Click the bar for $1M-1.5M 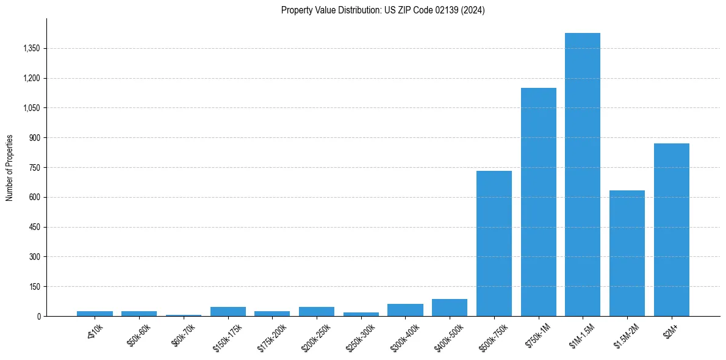click(583, 175)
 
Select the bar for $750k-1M click(538, 202)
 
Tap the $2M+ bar click(671, 230)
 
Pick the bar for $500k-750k click(494, 243)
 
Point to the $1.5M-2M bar click(627, 253)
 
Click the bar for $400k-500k click(450, 308)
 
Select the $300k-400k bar click(405, 310)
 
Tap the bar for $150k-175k click(228, 312)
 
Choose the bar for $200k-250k click(317, 312)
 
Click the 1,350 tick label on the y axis click(31, 49)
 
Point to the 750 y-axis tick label click(35, 168)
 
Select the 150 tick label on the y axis click(35, 287)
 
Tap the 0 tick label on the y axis click(39, 317)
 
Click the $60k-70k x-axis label click(184, 335)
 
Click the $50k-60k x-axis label click(139, 335)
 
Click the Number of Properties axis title click(10, 168)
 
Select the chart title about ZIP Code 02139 click(383, 10)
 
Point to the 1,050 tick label click(31, 108)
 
